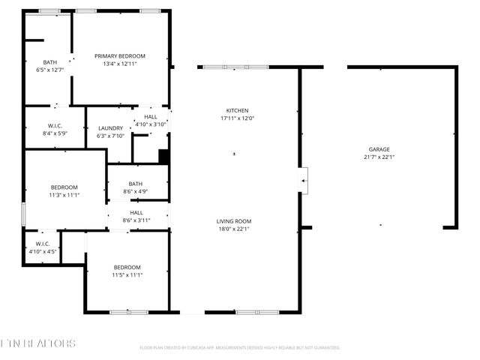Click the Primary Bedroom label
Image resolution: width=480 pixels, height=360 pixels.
coord(119,56)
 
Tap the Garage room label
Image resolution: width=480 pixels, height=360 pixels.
coord(379,149)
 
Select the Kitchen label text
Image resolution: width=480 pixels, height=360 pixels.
coord(237,110)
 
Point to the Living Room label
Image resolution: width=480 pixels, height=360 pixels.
coord(233,221)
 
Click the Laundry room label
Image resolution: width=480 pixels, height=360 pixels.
coord(110,128)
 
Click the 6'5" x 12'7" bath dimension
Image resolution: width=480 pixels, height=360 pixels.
coord(50,70)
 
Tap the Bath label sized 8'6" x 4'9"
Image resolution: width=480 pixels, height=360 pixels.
coord(136,184)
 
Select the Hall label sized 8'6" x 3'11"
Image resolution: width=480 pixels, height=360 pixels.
coord(136,212)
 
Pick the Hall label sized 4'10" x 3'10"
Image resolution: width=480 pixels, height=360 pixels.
coord(151,117)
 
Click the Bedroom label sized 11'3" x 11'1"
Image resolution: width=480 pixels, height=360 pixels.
coord(64,187)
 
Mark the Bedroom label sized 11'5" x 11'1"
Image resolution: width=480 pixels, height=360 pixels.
coord(127,268)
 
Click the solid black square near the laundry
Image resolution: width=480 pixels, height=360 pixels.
coord(163,156)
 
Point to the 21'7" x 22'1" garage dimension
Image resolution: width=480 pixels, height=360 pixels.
coord(379,157)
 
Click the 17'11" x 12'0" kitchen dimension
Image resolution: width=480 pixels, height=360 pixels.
coord(237,118)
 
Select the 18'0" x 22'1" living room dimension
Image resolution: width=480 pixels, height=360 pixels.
coord(233,229)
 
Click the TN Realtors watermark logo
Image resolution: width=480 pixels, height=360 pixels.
coord(37,343)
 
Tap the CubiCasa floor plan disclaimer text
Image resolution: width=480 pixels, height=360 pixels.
coord(240,348)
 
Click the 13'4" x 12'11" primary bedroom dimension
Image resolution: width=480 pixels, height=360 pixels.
coord(119,64)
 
